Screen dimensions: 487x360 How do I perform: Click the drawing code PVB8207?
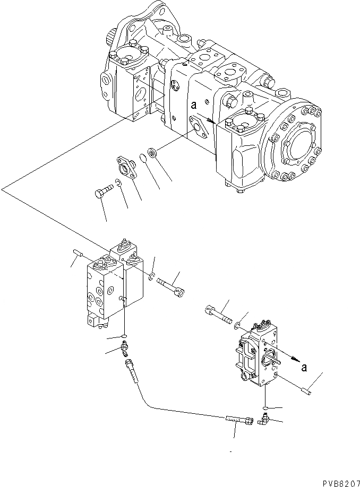tap(338, 483)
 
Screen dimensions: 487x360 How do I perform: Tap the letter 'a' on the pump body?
tap(194, 106)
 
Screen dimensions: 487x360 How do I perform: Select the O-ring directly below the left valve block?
tap(124, 336)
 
